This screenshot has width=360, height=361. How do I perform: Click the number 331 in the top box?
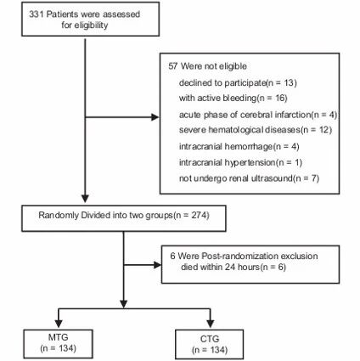(37, 14)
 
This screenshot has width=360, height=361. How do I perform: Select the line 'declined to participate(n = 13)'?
(238, 82)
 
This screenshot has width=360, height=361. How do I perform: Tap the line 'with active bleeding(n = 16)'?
(233, 98)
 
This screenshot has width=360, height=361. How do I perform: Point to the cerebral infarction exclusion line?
(258, 115)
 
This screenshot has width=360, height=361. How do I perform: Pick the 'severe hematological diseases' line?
(256, 130)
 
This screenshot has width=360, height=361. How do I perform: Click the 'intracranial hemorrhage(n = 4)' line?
(239, 146)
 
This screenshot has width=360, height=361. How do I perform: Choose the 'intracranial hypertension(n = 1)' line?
(240, 162)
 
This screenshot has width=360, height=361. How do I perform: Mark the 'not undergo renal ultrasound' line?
(249, 178)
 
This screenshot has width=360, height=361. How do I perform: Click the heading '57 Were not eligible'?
(207, 66)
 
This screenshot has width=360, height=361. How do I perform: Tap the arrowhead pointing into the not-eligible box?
(155, 117)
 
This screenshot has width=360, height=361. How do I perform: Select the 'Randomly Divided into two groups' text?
(105, 215)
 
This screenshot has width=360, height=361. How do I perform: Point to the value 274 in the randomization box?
(199, 215)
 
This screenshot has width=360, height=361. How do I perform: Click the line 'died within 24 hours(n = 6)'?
(233, 267)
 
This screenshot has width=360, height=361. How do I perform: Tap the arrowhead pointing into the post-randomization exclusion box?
(157, 265)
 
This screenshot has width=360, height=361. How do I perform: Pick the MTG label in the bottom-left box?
(58, 337)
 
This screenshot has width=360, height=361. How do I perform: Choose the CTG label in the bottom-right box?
(210, 339)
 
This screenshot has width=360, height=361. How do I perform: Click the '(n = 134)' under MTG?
(58, 348)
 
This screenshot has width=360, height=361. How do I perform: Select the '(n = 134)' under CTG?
(210, 350)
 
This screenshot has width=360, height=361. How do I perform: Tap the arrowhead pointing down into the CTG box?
(210, 324)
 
